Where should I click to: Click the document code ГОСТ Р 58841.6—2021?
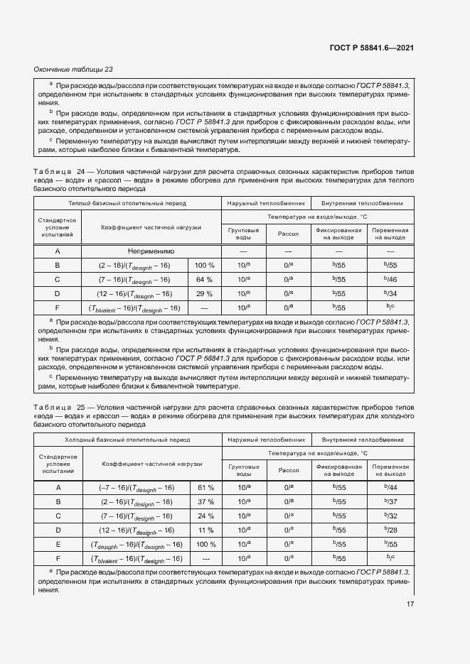373,48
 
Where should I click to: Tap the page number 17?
410,604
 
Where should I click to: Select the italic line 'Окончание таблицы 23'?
73,69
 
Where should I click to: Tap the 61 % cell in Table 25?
205,487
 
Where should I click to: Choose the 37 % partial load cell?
205,501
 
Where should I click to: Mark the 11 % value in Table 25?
205,530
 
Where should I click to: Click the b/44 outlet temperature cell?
390,487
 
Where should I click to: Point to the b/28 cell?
390,530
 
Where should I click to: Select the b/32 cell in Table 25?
390,516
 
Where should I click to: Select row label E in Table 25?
58,544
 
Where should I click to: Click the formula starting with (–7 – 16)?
137,487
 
